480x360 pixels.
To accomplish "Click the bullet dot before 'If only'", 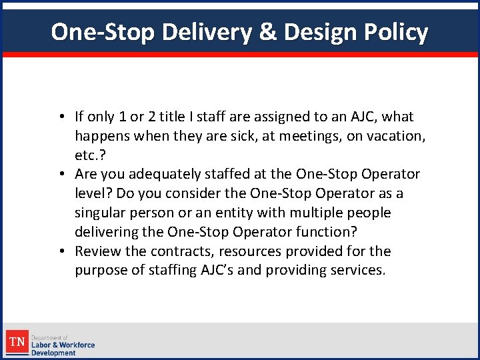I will tap(61, 117).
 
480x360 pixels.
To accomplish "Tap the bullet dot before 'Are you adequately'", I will tap(61, 175).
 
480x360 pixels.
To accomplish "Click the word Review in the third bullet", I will tap(97, 251).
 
